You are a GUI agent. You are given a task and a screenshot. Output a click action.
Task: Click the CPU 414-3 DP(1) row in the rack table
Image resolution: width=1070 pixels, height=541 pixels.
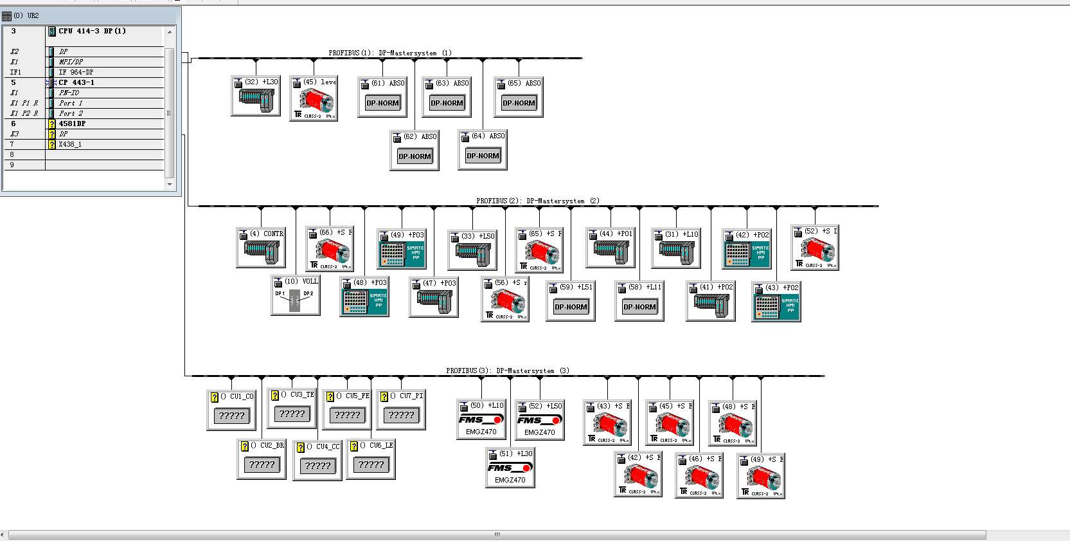click(x=92, y=31)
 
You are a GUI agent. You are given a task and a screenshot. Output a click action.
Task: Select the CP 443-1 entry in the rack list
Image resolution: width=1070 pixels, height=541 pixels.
click(x=76, y=82)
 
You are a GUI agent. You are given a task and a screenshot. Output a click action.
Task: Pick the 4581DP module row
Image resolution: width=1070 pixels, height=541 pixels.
click(x=72, y=124)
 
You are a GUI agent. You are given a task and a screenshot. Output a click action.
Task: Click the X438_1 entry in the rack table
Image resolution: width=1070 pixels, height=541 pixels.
click(x=70, y=144)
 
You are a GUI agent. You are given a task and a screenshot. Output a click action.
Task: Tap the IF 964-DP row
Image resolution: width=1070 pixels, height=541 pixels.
click(x=76, y=72)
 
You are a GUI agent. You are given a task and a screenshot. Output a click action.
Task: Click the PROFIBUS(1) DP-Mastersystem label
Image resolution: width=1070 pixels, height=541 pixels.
click(x=389, y=53)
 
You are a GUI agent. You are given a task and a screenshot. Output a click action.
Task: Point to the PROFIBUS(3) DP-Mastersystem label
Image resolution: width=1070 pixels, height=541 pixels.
click(x=507, y=371)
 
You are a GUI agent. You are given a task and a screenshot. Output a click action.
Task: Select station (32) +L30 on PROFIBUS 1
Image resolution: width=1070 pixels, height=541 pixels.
click(x=256, y=96)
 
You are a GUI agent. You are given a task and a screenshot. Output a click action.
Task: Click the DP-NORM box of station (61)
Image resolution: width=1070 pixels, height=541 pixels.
click(x=382, y=103)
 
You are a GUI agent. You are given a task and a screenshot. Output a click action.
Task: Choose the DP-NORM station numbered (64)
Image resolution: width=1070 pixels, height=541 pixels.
click(x=483, y=156)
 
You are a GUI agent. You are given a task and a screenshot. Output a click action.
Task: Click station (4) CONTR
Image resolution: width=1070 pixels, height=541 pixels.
click(x=261, y=249)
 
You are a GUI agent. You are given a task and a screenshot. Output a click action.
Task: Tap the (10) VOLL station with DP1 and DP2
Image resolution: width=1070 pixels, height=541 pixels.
click(x=295, y=297)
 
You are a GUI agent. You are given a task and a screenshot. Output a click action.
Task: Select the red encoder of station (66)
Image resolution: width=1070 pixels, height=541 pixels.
click(x=330, y=252)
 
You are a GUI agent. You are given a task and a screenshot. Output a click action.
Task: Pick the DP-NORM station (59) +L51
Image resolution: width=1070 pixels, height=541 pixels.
click(x=571, y=307)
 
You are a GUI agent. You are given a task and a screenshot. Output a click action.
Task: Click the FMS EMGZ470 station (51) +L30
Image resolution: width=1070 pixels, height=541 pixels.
click(x=510, y=470)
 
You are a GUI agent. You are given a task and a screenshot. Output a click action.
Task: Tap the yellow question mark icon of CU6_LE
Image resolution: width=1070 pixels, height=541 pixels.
click(x=354, y=446)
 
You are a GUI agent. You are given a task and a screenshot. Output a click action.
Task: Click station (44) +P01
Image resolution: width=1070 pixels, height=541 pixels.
click(x=611, y=249)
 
